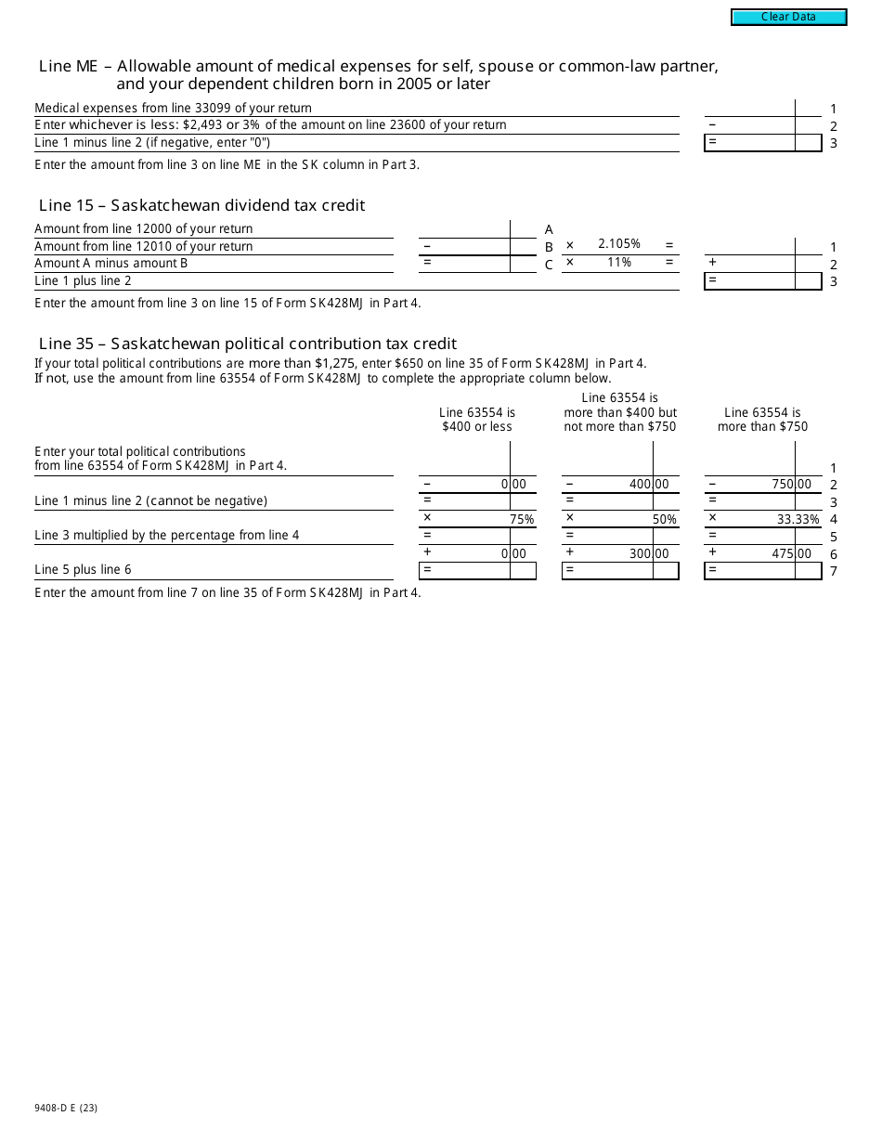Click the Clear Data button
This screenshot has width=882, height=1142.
[x=788, y=17]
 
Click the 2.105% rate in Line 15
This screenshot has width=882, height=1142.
[x=619, y=244]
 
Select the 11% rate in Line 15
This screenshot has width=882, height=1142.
[x=619, y=263]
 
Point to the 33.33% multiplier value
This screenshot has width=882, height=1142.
[x=798, y=520]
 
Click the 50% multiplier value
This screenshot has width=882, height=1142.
[x=664, y=520]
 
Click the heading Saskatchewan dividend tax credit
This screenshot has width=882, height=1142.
[x=201, y=205]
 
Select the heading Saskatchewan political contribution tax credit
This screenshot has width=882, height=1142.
[x=247, y=344]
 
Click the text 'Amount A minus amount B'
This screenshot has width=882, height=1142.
[x=111, y=264]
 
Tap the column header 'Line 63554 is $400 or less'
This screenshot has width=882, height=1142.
[x=477, y=420]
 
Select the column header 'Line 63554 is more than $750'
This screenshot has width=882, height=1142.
[x=762, y=420]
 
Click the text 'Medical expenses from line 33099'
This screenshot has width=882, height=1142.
[x=173, y=109]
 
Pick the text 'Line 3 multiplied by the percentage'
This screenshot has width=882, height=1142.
[x=167, y=536]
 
